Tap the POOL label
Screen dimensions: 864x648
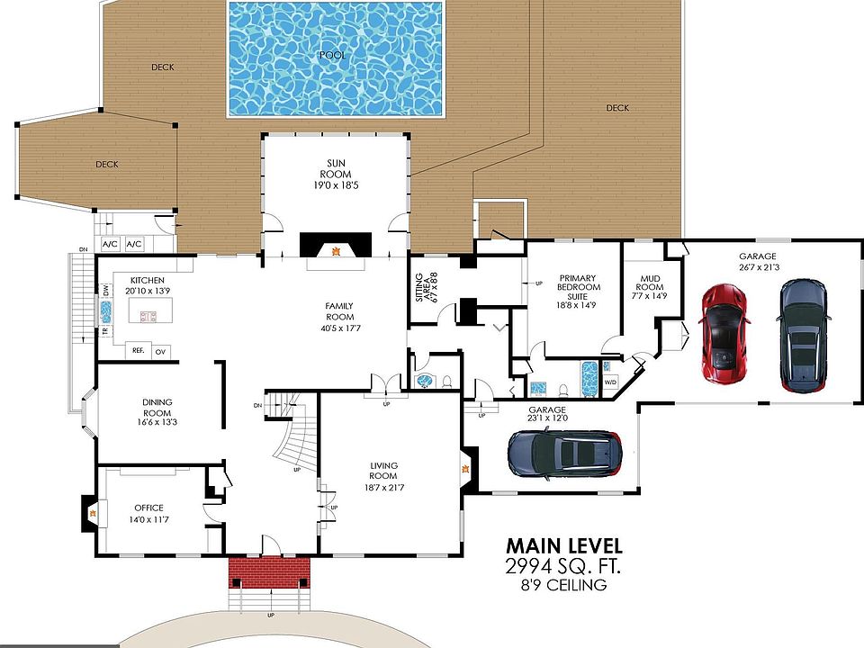coord(333,55)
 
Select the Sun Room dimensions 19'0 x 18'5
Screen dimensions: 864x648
coord(336,185)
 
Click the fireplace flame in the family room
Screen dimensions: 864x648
coord(335,251)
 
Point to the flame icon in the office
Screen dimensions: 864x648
coord(94,515)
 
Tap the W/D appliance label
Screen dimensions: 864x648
coord(610,382)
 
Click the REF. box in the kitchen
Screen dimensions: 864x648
coord(139,350)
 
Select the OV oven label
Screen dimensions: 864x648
coord(160,352)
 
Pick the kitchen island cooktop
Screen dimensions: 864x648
coord(149,316)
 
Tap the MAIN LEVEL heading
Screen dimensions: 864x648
coord(564,546)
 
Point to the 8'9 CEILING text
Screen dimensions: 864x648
coord(563,585)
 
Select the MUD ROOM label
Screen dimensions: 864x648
coord(650,283)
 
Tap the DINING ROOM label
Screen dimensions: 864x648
coord(157,407)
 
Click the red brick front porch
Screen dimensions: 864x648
coord(269,572)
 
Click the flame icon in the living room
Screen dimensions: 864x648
coord(465,469)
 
